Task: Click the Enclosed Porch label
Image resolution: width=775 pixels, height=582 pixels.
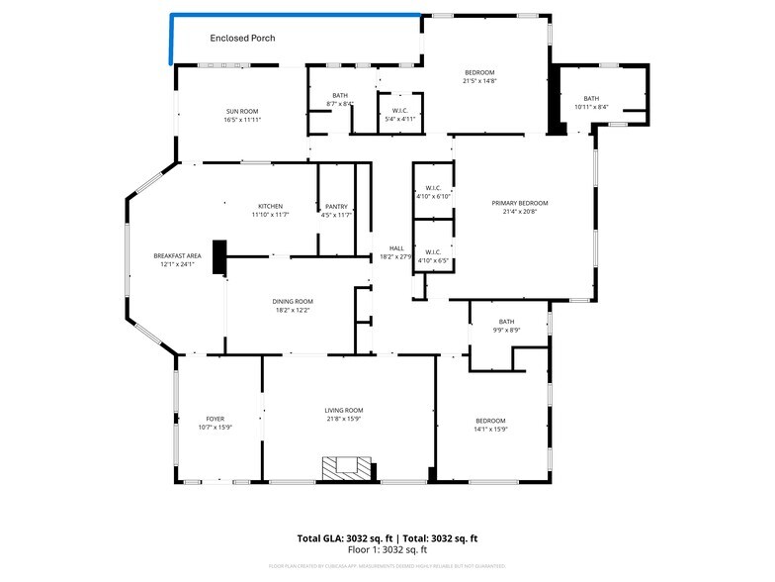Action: point(242,39)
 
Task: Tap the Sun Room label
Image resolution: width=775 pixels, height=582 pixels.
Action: point(242,111)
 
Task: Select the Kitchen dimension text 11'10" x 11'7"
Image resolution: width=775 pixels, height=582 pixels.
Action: point(270,215)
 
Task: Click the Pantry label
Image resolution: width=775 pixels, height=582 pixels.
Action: point(336,206)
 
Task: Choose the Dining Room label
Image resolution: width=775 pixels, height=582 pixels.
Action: point(293,301)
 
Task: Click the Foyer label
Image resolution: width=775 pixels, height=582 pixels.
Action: point(215,419)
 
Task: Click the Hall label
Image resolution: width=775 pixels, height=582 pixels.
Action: point(396,248)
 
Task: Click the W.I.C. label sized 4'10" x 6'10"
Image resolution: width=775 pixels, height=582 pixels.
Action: point(433,188)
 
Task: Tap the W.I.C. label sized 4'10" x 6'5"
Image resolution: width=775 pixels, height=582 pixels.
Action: point(433,251)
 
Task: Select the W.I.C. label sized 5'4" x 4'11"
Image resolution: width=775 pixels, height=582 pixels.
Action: point(400,110)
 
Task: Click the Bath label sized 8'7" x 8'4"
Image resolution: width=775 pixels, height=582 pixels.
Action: point(340,95)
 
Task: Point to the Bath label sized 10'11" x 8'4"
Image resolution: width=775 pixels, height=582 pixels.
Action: point(591,98)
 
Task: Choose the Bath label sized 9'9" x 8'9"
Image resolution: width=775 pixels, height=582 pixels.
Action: point(507,321)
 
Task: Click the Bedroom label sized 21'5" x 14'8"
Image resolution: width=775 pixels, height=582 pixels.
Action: point(479,72)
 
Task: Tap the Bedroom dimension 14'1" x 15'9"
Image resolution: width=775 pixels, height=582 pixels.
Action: point(490,429)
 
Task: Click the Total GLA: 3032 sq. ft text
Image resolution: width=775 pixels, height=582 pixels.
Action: point(343,538)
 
